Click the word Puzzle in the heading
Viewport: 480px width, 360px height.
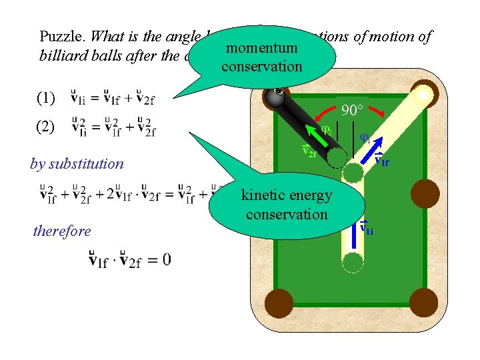click(58, 36)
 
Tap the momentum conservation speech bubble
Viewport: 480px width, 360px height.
click(262, 58)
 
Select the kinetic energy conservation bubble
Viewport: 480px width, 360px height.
click(287, 205)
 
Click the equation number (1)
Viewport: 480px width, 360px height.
click(46, 98)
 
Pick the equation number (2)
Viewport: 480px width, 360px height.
click(46, 127)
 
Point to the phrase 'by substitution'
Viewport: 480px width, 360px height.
click(77, 163)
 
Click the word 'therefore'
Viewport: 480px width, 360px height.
click(62, 231)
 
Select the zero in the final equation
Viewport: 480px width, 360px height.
click(165, 258)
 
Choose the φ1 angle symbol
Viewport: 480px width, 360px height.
click(365, 138)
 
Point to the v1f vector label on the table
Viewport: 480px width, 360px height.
click(382, 160)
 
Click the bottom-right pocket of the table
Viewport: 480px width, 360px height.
click(424, 301)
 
